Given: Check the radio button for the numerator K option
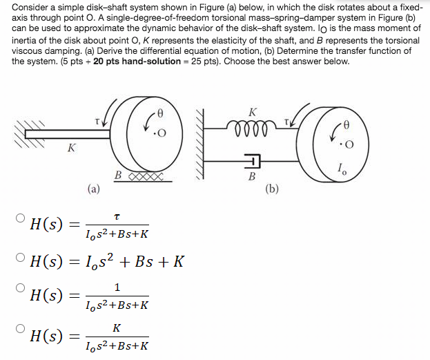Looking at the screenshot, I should pos(19,329).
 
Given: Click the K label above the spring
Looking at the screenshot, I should pos(253,112).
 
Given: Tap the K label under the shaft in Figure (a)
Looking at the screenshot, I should pos(70,148).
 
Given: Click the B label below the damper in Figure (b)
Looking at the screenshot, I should pos(252,177).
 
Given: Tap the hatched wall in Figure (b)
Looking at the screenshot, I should pos(202,145).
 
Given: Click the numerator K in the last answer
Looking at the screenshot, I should pos(117,327).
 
